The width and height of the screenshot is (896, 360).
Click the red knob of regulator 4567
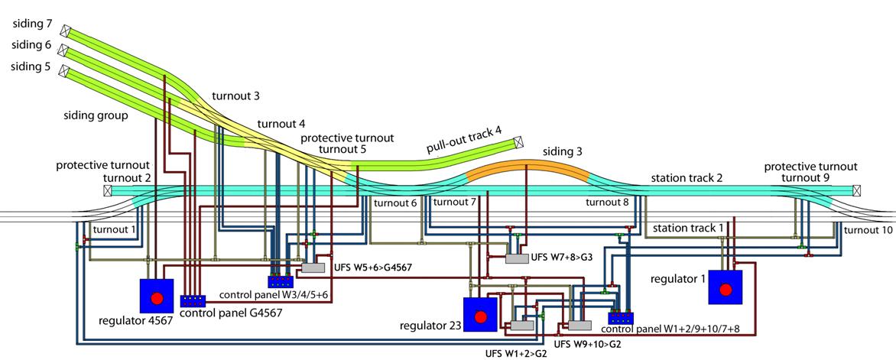click(157, 297)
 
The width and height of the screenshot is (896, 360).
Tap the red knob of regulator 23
click(480, 316)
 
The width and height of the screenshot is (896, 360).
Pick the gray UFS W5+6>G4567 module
click(313, 268)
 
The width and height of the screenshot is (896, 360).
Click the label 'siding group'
click(96, 115)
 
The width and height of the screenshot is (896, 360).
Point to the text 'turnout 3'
click(235, 96)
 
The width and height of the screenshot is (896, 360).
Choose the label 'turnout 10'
click(868, 229)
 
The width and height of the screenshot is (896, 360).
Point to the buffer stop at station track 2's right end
click(857, 190)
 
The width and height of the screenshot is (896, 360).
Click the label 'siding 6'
click(31, 47)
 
